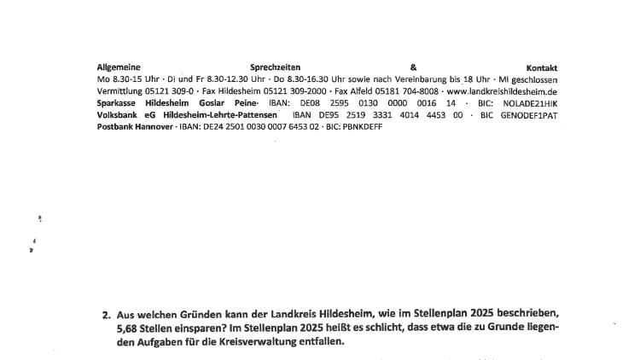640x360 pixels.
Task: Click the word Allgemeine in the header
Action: pyautogui.click(x=119, y=67)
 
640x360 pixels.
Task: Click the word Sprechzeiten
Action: pyautogui.click(x=276, y=67)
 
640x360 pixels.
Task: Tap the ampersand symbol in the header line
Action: pyautogui.click(x=413, y=67)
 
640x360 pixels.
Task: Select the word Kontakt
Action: pyautogui.click(x=542, y=67)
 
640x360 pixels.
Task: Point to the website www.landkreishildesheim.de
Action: pyautogui.click(x=502, y=90)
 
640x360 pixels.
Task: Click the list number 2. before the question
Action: pyautogui.click(x=107, y=314)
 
